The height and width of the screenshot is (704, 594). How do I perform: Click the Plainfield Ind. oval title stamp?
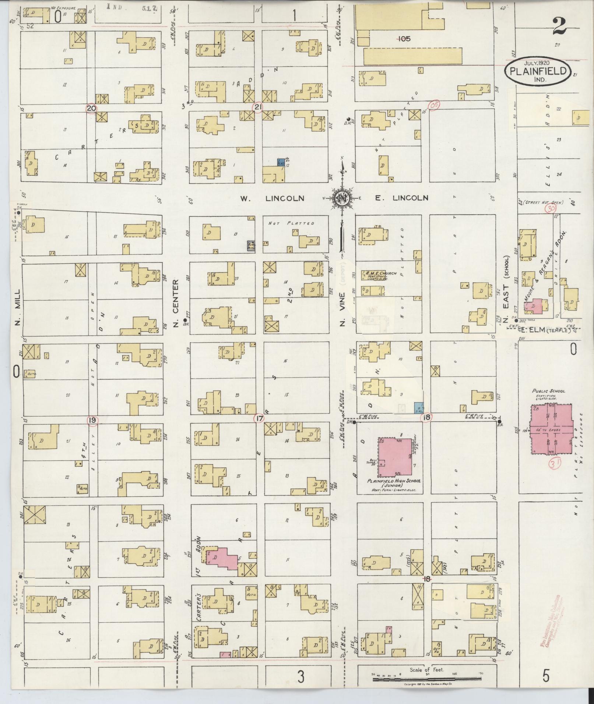click(x=538, y=71)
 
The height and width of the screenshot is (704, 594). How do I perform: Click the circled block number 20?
click(x=91, y=108)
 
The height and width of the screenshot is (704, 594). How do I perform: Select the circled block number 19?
click(x=92, y=420)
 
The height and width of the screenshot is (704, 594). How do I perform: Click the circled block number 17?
click(x=260, y=418)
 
